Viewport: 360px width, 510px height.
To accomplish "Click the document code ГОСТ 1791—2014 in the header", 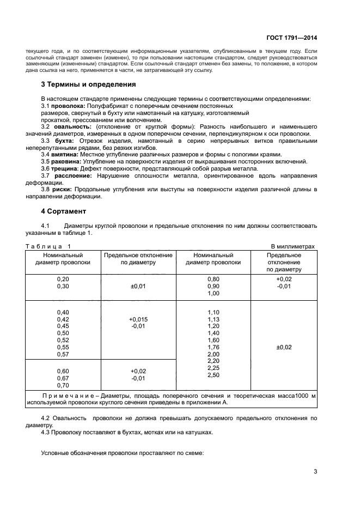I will pos(292,38).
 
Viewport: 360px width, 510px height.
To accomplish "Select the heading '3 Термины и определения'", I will pos(89,84).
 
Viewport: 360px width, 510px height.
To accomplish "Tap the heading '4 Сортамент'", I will pos(64,210).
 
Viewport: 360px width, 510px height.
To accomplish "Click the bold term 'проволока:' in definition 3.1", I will pos(68,105).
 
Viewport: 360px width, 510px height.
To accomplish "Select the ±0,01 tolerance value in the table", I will pos(138,286).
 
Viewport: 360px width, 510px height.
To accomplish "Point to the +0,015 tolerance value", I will pos(138,319).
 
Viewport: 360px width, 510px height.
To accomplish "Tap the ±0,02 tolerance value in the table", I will pos(284,347).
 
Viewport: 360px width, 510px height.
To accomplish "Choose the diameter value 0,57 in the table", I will pos(63,354).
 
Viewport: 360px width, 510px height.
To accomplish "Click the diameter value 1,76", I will pos(213,347).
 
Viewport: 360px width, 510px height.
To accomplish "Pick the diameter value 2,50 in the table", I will pos(213,375).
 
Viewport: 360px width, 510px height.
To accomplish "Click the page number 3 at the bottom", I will pos(315,472).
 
